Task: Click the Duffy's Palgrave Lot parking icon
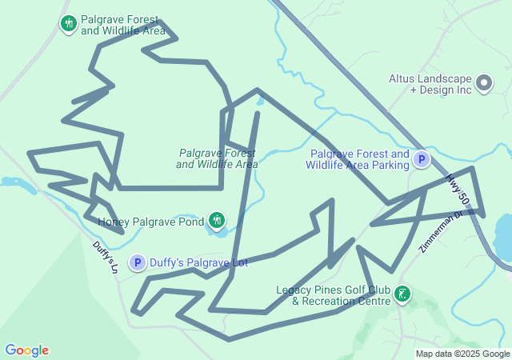[x=138, y=262]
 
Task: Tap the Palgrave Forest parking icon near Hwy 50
[x=422, y=160]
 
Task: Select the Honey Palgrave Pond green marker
[x=216, y=219]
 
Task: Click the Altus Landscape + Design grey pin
[x=484, y=82]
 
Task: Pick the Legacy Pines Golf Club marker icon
[x=402, y=295]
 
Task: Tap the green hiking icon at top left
[x=69, y=24]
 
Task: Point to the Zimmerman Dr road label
[x=440, y=232]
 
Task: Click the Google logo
[x=26, y=350]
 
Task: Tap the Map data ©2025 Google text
[x=462, y=354]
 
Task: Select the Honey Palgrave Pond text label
[x=150, y=221]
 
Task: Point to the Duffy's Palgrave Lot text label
[x=199, y=262]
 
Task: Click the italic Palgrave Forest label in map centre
[x=217, y=158]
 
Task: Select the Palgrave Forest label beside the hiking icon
[x=123, y=26]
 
